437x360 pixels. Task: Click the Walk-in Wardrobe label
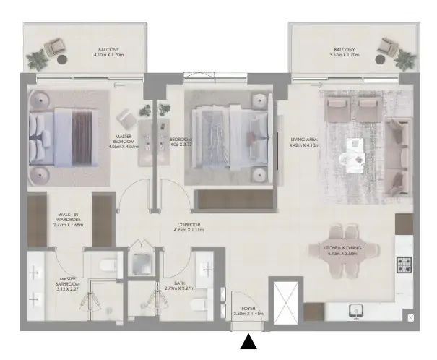pyautogui.click(x=69, y=220)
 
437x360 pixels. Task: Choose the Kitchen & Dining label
pyautogui.click(x=342, y=251)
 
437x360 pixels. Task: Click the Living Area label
pyautogui.click(x=304, y=142)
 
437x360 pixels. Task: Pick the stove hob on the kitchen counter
pyautogui.click(x=404, y=265)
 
